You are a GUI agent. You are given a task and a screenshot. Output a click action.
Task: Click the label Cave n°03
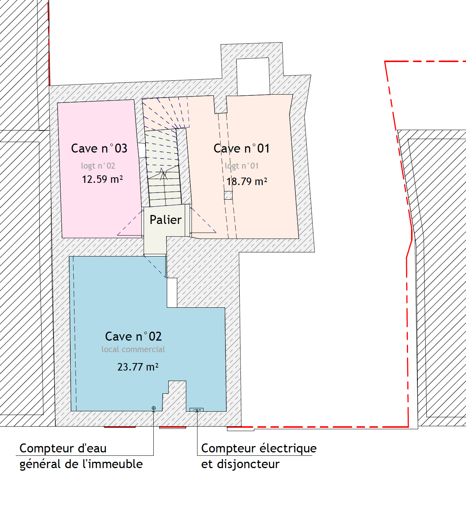(x=99, y=148)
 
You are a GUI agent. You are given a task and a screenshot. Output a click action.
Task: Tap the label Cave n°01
(x=242, y=148)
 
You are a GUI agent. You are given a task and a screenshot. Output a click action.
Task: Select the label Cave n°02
(x=133, y=337)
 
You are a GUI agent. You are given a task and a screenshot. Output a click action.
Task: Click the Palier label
(x=166, y=219)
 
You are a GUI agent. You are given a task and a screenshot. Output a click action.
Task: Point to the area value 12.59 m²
(x=102, y=179)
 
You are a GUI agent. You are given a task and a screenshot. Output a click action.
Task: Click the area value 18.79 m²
(x=247, y=181)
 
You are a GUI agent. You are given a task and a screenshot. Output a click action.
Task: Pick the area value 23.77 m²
(x=138, y=367)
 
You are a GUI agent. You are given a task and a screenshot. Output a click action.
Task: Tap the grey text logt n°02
(x=98, y=166)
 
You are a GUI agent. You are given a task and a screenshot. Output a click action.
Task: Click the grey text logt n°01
(x=242, y=166)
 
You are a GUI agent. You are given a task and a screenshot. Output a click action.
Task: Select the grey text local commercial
(x=133, y=349)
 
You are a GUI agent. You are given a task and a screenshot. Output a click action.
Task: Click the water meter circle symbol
(x=153, y=408)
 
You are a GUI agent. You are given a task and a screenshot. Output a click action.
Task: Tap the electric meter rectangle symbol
(x=196, y=410)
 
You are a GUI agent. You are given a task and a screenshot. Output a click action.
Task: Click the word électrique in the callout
(x=288, y=448)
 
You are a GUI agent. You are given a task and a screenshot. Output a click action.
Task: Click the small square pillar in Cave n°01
(x=228, y=196)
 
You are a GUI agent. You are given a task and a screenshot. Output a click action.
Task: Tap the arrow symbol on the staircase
(x=163, y=174)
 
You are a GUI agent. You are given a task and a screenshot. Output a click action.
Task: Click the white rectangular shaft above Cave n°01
(x=253, y=77)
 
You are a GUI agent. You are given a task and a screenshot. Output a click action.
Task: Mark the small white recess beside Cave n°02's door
(x=172, y=293)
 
